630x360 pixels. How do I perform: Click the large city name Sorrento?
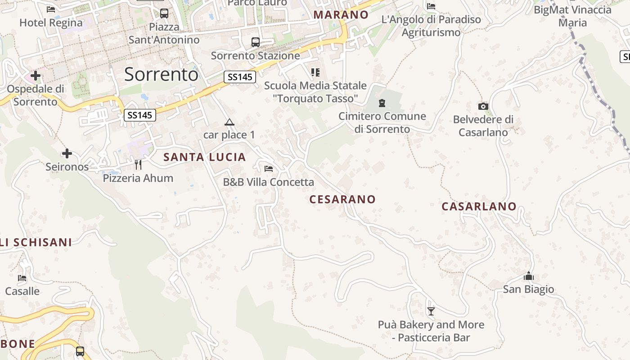tap(161, 74)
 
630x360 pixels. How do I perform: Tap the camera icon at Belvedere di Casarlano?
tap(483, 106)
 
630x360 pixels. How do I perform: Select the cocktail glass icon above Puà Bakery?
tap(431, 311)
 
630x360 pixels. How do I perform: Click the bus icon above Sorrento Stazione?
tap(256, 42)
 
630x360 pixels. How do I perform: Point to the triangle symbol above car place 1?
tap(229, 122)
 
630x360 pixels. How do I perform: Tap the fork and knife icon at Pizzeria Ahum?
tap(138, 165)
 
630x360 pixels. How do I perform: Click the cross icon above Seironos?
tap(67, 154)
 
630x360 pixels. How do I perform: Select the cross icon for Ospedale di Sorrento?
tap(36, 75)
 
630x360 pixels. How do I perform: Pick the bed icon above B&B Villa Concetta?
tap(269, 169)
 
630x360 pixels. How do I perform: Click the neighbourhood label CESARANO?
tap(342, 199)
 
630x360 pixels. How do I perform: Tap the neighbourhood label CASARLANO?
tap(479, 207)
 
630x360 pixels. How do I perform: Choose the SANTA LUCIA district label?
tap(205, 157)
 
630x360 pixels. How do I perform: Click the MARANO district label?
tap(341, 14)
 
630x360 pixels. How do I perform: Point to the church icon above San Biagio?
tap(529, 276)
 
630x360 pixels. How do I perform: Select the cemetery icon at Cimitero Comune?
tap(382, 103)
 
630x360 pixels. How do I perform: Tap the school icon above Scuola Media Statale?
tap(315, 72)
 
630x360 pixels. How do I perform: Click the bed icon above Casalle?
tap(22, 278)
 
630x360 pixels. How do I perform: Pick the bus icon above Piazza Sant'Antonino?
tap(164, 13)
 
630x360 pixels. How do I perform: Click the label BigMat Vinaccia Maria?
tap(572, 16)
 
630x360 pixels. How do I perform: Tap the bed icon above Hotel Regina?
tap(51, 9)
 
